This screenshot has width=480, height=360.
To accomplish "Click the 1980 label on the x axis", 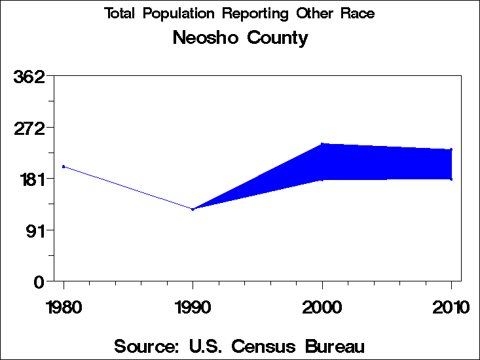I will click(x=64, y=307).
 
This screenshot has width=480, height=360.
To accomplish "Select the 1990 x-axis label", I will click(x=193, y=307).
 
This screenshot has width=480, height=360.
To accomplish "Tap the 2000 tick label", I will click(x=322, y=307).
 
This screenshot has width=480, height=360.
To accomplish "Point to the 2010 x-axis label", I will click(x=451, y=307).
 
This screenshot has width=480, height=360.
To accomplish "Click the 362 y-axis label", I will click(x=29, y=77).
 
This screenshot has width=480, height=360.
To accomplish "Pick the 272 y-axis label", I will click(x=29, y=128).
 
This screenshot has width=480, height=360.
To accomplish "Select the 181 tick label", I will click(x=29, y=179).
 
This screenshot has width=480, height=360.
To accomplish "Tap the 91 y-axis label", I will click(x=34, y=230).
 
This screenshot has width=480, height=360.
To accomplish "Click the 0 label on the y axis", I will click(x=39, y=281).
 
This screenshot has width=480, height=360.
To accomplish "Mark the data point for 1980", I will click(x=64, y=166).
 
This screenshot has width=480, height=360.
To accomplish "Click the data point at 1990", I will click(x=193, y=209).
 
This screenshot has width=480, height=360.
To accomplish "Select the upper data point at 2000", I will click(x=322, y=144).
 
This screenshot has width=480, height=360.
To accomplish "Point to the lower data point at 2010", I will click(x=451, y=179).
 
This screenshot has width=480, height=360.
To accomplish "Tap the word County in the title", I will click(x=278, y=38).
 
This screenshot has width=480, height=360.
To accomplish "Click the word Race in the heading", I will click(x=357, y=14).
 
